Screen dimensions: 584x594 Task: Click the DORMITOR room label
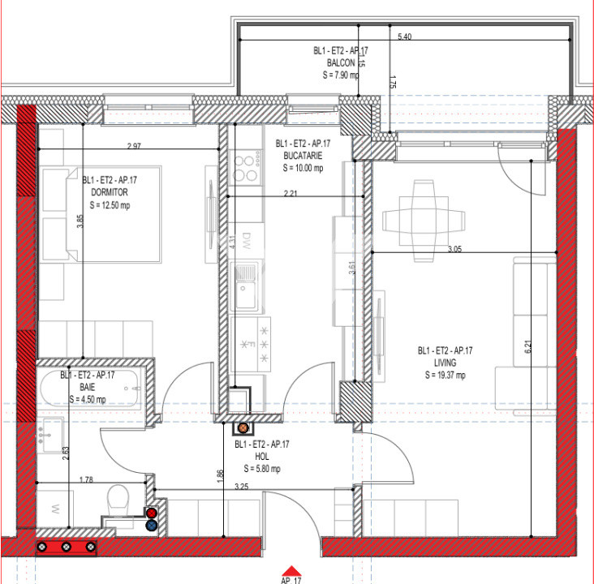click(110, 192)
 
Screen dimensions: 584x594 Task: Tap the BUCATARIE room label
click(303, 156)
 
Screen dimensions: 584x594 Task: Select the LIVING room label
click(445, 363)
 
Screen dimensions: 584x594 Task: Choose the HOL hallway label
click(263, 457)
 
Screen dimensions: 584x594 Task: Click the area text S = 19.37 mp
click(445, 375)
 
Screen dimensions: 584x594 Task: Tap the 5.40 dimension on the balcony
click(405, 37)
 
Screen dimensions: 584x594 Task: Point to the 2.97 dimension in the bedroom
click(135, 146)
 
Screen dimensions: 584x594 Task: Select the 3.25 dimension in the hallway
click(240, 487)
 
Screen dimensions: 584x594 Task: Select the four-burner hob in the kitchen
click(245, 166)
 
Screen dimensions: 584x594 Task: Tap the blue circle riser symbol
click(151, 525)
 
